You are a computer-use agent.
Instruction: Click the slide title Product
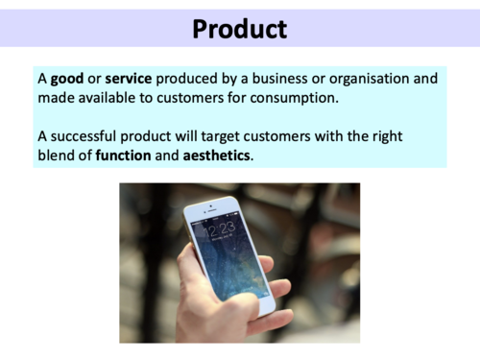[x=239, y=29]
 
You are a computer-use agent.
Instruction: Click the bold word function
[x=123, y=156]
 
